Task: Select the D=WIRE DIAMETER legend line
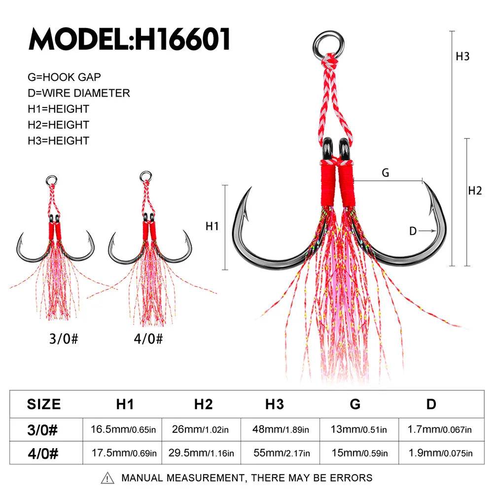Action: pyautogui.click(x=79, y=93)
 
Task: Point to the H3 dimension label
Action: pyautogui.click(x=462, y=56)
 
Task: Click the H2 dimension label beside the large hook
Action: pyautogui.click(x=474, y=190)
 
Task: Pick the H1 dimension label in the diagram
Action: pyautogui.click(x=212, y=226)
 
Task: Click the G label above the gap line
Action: pyautogui.click(x=386, y=173)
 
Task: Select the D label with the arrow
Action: pyautogui.click(x=413, y=231)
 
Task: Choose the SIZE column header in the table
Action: pyautogui.click(x=44, y=404)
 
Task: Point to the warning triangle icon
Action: pyautogui.click(x=107, y=478)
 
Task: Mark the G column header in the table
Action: pyautogui.click(x=355, y=404)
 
